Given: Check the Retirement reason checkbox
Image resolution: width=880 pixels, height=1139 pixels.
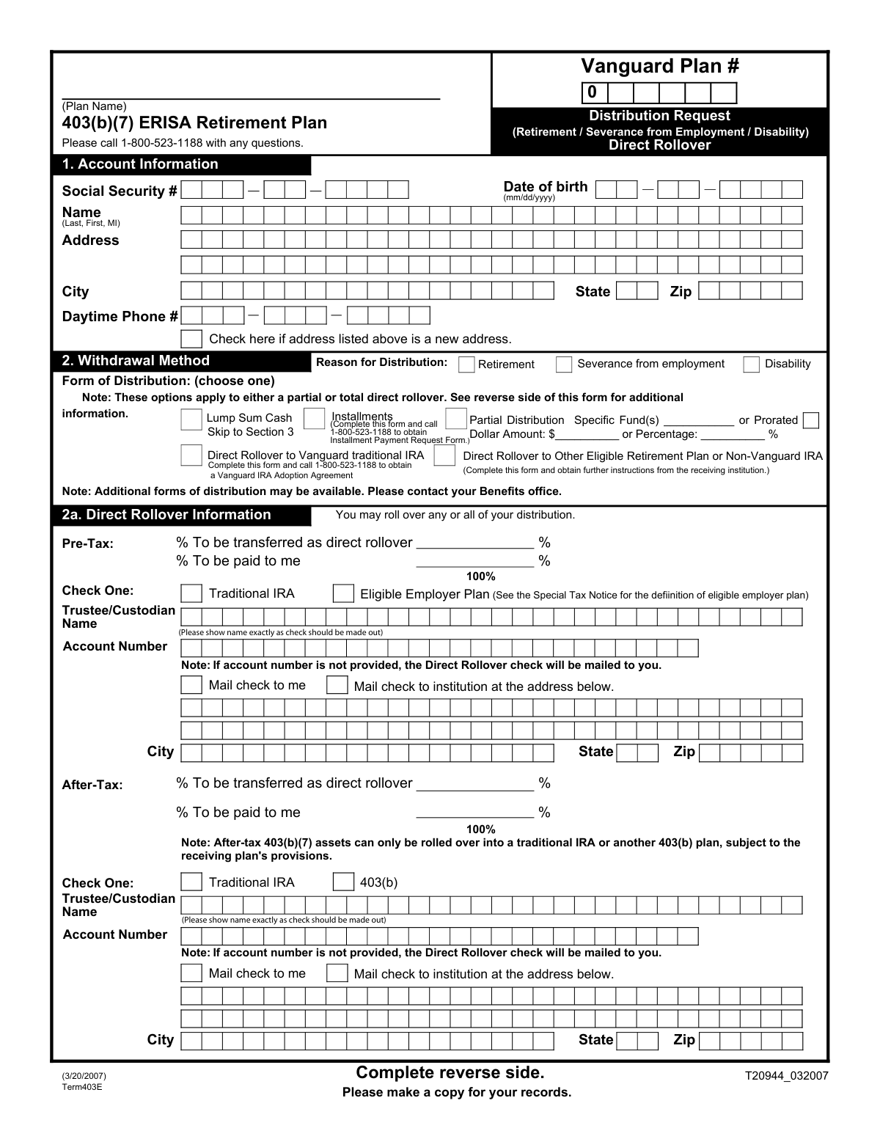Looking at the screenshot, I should coord(466,365).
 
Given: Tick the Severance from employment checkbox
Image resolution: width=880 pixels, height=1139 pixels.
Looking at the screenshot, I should coord(564,365).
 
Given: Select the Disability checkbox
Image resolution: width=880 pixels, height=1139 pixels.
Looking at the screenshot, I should coord(752,365).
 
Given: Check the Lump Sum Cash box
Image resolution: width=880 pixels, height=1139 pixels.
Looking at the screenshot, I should coord(191,420).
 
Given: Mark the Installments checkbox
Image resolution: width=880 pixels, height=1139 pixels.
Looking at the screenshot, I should coord(314,419).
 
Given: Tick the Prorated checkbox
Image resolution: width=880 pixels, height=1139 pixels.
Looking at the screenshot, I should coord(811,420).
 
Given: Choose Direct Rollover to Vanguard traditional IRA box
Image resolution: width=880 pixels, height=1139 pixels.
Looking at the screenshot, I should coord(191,455).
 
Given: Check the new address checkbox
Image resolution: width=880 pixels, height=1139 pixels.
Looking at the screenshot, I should coord(191,339).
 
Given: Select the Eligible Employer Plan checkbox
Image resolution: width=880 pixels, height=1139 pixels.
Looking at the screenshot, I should coord(343,593).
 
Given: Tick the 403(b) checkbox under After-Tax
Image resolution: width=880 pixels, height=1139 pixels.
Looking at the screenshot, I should coord(343,882).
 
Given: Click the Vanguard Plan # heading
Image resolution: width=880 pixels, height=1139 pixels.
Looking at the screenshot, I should coord(660,66).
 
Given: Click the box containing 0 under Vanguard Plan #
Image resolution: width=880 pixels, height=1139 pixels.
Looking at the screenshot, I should coord(593,93).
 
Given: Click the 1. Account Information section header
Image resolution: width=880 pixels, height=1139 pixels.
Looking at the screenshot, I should coord(140,164).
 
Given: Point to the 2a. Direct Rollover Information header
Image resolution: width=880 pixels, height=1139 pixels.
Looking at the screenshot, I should coord(166,515).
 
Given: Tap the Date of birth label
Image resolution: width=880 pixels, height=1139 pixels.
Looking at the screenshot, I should coord(546,187).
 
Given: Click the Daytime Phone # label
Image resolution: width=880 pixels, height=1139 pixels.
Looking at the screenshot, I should coord(120,317).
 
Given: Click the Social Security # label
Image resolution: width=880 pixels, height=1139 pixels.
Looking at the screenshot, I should coord(120,191).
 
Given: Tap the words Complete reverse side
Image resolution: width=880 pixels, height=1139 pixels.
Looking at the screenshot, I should coord(450,1073).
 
